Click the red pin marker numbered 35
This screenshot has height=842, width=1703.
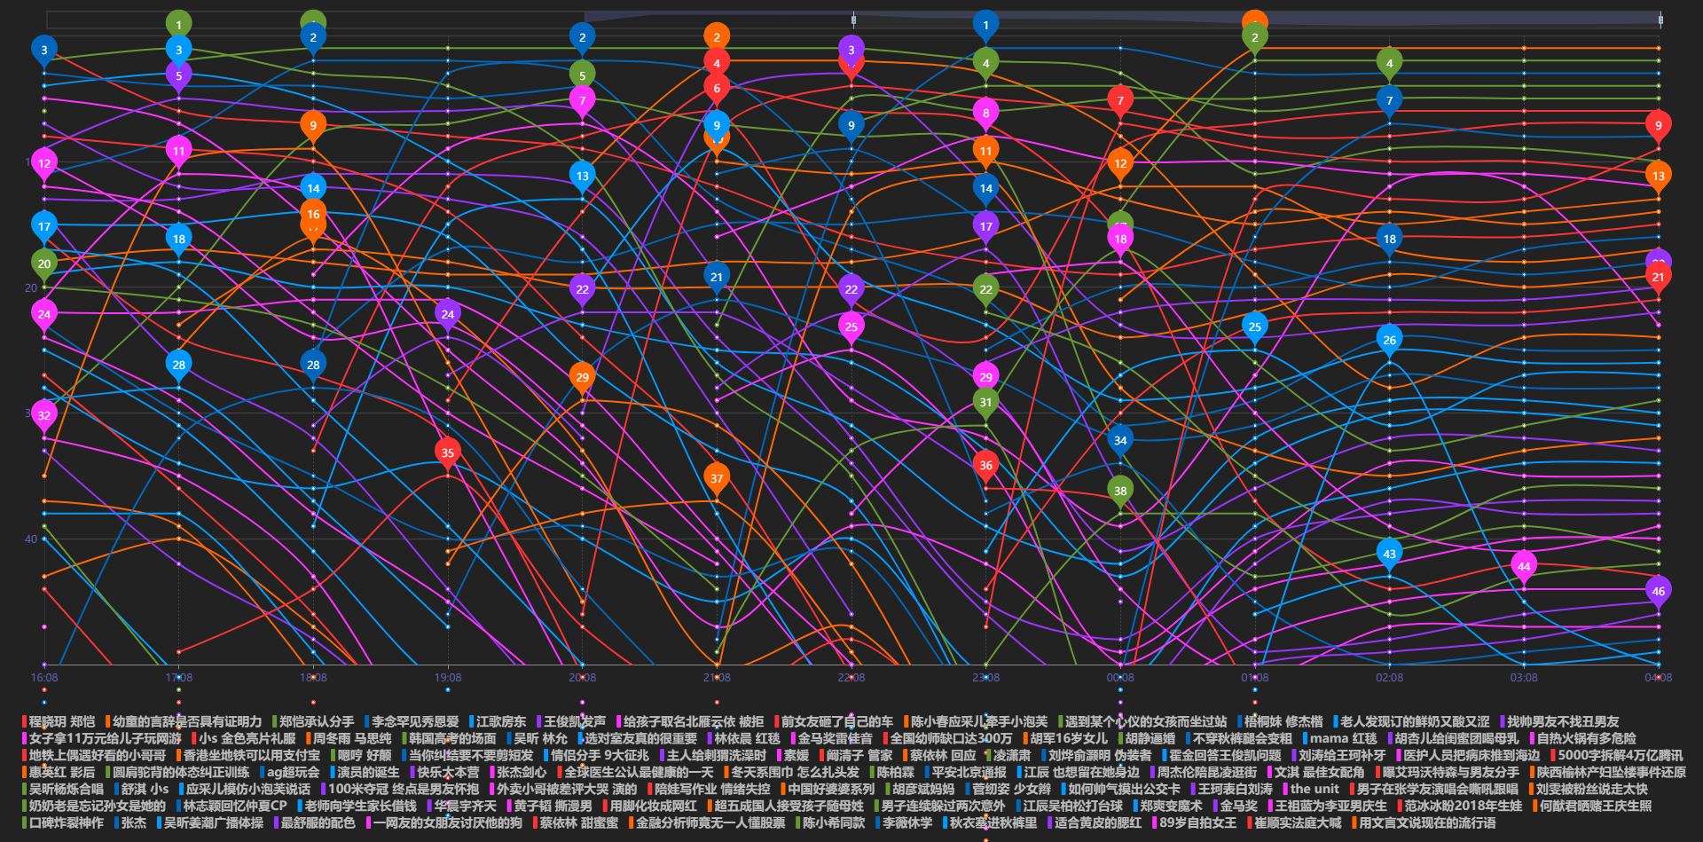click(448, 452)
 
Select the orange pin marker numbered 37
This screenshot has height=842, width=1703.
click(717, 478)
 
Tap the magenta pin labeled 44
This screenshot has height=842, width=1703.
click(1524, 566)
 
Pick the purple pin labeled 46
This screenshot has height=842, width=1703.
click(1658, 591)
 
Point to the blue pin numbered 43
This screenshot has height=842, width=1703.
click(1389, 554)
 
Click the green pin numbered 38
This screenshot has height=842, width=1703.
click(1120, 491)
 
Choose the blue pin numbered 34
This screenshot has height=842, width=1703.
click(1120, 440)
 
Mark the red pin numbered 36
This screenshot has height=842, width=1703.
click(985, 465)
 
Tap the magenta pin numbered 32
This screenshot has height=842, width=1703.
click(44, 415)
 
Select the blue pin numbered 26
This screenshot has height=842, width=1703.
click(1389, 339)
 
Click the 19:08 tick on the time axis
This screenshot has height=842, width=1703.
click(448, 678)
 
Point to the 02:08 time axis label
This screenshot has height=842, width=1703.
click(1389, 678)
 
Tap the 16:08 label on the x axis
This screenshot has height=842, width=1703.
click(44, 678)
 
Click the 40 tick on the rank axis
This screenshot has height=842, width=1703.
click(31, 539)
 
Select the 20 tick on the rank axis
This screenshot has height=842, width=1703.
click(31, 287)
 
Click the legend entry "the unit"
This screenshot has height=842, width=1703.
click(1314, 789)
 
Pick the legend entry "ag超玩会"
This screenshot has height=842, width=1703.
click(293, 772)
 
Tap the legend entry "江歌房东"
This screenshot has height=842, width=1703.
click(500, 721)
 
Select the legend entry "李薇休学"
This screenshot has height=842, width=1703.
click(906, 822)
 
